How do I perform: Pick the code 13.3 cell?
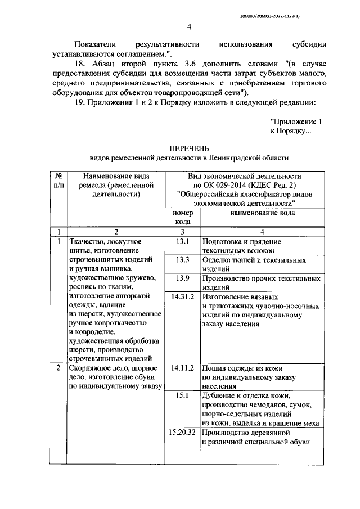pos(182,260)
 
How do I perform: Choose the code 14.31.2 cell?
pos(182,297)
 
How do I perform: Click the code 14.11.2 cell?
pos(182,368)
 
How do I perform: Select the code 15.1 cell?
pos(182,396)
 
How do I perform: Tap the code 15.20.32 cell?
pos(182,433)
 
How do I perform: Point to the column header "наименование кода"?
pos(262,213)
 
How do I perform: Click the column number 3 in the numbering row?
pos(182,231)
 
